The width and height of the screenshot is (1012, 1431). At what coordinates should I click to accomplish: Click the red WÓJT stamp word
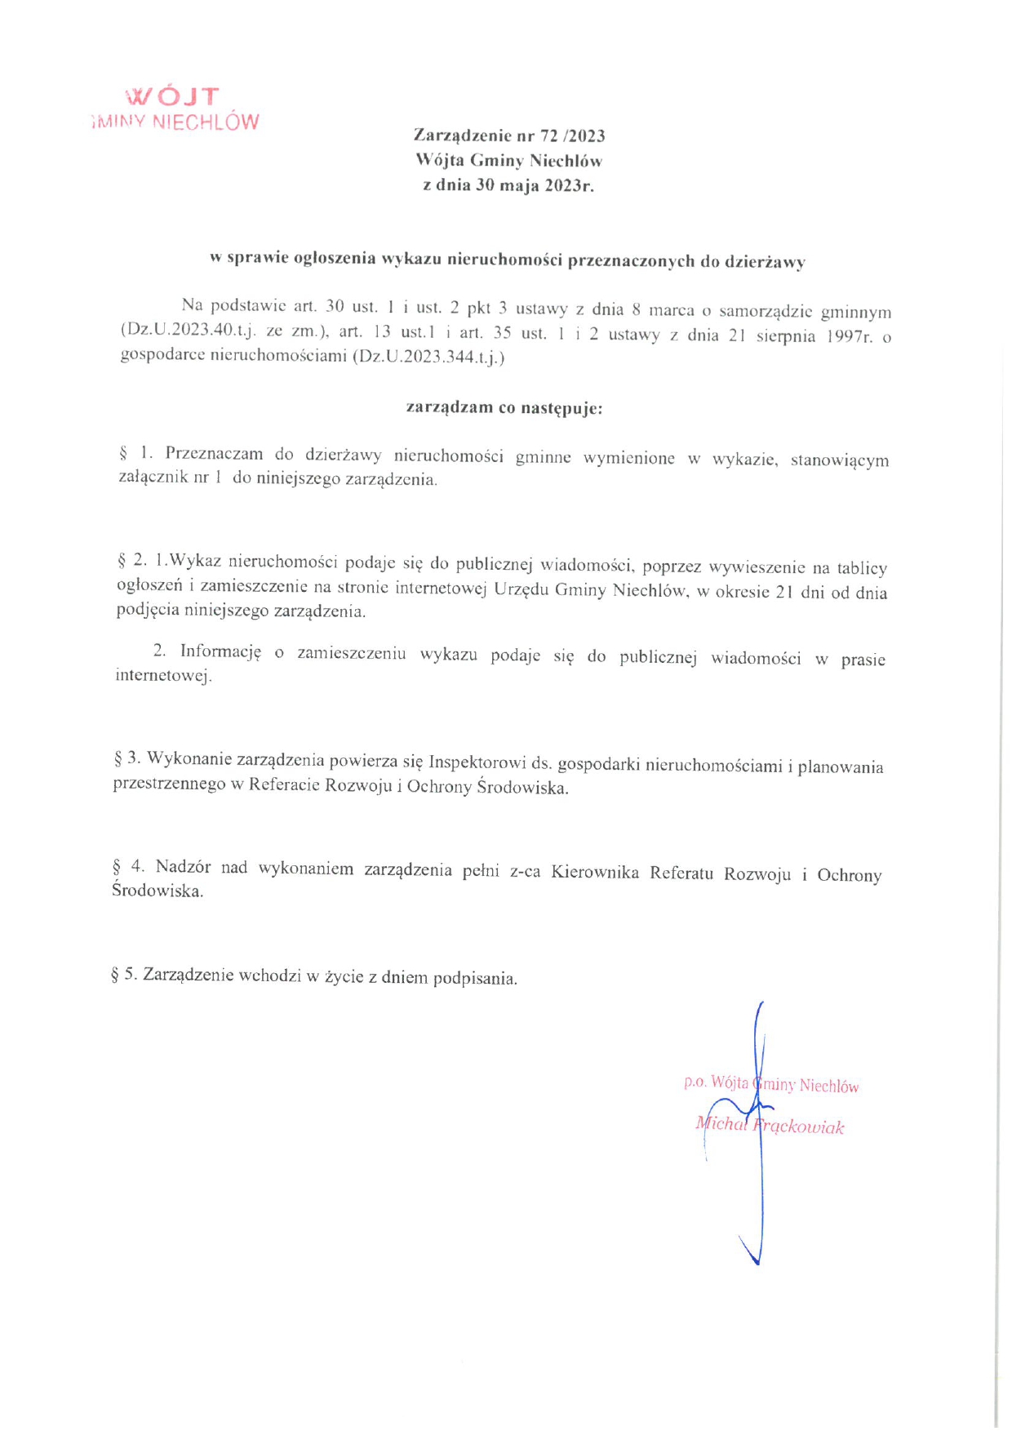173,96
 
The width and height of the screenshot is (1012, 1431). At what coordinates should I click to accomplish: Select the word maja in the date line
521,185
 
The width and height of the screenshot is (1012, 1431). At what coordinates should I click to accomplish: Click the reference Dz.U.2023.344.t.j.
428,358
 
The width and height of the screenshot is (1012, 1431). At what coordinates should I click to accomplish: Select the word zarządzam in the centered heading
449,407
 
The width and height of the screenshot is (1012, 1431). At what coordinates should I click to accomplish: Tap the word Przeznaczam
214,454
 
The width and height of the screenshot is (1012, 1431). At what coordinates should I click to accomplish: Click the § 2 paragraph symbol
122,560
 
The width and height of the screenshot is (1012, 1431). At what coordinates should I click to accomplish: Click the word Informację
220,651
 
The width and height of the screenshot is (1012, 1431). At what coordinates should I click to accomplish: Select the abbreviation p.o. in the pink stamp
695,1082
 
